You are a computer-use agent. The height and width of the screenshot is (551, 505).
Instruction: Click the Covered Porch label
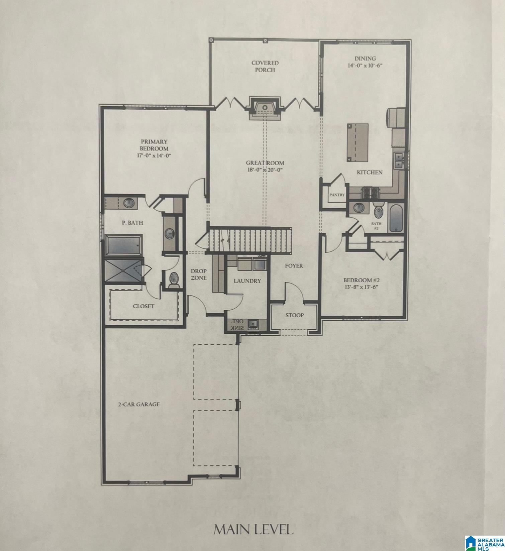pos(265,66)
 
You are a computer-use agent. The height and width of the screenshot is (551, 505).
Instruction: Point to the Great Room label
pos(265,163)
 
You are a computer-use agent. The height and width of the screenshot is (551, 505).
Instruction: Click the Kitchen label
pos(369,173)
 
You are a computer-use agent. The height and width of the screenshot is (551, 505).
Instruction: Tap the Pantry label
pos(336,195)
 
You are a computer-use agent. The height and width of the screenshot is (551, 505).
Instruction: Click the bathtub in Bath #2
pos(397,219)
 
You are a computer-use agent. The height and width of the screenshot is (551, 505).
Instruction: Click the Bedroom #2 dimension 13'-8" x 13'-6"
pos(363,287)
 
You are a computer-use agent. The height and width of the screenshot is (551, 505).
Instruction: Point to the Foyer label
pos(294,266)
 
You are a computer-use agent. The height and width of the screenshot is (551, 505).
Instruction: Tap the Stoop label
pos(294,315)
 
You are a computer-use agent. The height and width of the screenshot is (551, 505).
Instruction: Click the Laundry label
pos(247,281)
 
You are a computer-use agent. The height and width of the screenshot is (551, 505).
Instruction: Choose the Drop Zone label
pos(199,274)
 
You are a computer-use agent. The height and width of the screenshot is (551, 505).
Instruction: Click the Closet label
pos(143,306)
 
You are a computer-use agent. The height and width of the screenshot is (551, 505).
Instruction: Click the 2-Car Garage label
pos(138,404)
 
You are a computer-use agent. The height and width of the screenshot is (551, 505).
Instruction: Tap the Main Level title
pos(253,529)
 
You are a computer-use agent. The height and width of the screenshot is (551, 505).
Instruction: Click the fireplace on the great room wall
pos(265,109)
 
